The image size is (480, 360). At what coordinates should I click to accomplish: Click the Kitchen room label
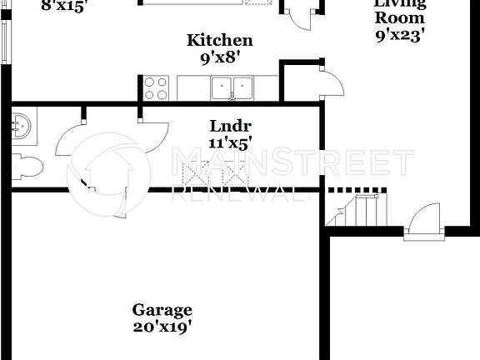click(220, 39)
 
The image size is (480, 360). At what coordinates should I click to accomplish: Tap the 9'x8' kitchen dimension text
click(220, 57)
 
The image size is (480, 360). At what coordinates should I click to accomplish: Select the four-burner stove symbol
click(156, 87)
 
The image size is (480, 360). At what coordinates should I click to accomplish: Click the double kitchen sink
click(232, 86)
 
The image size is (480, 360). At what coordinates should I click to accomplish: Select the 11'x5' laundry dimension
click(230, 142)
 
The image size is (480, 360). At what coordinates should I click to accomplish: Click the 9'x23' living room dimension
click(398, 36)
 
